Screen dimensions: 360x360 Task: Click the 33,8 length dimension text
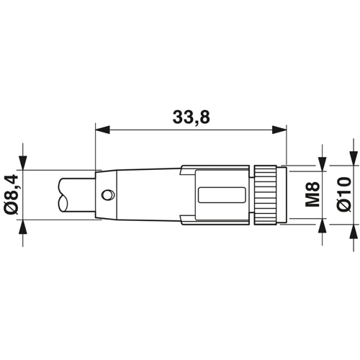(192, 117)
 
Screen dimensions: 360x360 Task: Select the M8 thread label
(312, 194)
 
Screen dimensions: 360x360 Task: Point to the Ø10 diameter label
(343, 194)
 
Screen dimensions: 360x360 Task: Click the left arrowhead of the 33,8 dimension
(102, 130)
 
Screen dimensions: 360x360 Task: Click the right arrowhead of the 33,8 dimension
(279, 130)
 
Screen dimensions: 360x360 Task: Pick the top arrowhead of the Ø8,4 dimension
(23, 163)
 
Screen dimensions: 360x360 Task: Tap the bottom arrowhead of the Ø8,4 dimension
(23, 226)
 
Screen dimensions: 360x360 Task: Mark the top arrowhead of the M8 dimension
(323, 164)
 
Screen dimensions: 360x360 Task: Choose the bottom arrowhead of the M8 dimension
(323, 225)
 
